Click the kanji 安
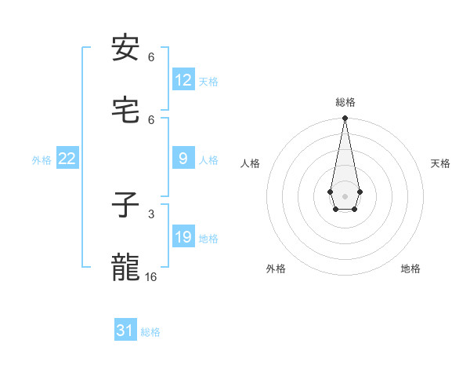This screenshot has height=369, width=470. click(125, 49)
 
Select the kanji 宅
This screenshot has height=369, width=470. click(125, 111)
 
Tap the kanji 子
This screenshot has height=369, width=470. click(125, 206)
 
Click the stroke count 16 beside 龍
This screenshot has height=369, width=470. click(151, 276)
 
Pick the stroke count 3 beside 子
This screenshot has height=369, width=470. click(151, 214)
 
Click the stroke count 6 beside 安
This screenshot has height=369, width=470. click(151, 57)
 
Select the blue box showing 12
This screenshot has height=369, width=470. click(183, 80)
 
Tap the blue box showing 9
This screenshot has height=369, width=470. click(183, 159)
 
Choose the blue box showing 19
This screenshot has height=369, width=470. click(183, 237)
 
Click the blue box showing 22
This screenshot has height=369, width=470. click(67, 159)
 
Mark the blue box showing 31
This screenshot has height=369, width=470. click(125, 331)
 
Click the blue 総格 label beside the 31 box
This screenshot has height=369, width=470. click(150, 332)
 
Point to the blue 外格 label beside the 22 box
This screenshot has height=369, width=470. click(42, 160)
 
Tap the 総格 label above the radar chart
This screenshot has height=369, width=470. click(345, 102)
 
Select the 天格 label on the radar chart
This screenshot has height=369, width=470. click(440, 163)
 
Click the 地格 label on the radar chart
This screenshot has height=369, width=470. click(410, 269)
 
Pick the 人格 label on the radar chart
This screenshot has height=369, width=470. click(250, 163)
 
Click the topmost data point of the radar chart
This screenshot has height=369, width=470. click(345, 119)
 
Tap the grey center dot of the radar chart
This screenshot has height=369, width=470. click(345, 195)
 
